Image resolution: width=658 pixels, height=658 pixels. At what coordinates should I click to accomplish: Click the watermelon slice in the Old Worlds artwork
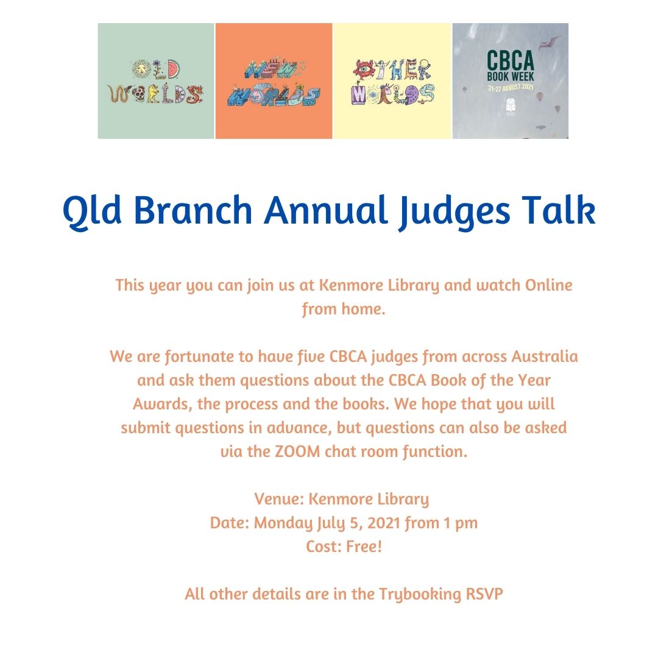(173, 69)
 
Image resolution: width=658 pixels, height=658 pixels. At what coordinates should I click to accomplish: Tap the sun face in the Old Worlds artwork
(141, 68)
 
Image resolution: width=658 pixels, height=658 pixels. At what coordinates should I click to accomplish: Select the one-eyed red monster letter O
(363, 69)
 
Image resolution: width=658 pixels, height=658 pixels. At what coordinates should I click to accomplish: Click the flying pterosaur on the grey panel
(550, 41)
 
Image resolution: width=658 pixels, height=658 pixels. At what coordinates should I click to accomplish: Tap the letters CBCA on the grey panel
(511, 60)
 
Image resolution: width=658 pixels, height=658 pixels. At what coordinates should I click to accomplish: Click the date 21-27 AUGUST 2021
(511, 88)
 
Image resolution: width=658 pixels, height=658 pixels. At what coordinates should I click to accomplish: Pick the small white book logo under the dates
(511, 107)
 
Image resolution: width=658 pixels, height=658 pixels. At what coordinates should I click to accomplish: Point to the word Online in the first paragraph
(549, 285)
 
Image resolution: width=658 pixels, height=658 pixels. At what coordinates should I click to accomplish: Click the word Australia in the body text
(545, 356)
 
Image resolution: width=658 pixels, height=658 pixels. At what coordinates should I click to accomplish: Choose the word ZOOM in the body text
(297, 451)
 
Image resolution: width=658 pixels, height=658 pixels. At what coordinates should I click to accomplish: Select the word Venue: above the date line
(279, 499)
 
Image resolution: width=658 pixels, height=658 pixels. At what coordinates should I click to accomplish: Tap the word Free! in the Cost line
(364, 547)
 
